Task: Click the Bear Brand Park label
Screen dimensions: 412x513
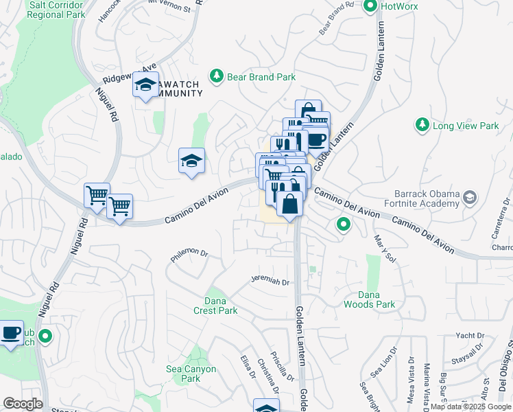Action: [262, 77]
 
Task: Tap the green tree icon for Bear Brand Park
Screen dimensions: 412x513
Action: [217, 75]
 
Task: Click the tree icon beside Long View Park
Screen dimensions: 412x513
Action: [421, 125]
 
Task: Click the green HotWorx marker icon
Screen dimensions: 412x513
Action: [371, 7]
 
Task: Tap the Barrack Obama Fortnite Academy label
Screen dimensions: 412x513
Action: [426, 198]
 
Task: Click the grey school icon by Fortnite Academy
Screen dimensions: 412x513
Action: [470, 198]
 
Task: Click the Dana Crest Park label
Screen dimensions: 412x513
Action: [221, 306]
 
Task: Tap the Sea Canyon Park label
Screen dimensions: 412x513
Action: [191, 374]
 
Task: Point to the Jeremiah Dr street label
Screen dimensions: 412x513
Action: [270, 281]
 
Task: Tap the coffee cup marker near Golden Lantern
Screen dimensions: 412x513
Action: [316, 139]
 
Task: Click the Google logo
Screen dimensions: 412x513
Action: [23, 404]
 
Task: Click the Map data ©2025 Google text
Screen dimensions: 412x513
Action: [470, 407]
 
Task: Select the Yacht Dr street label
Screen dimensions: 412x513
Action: [470, 336]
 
